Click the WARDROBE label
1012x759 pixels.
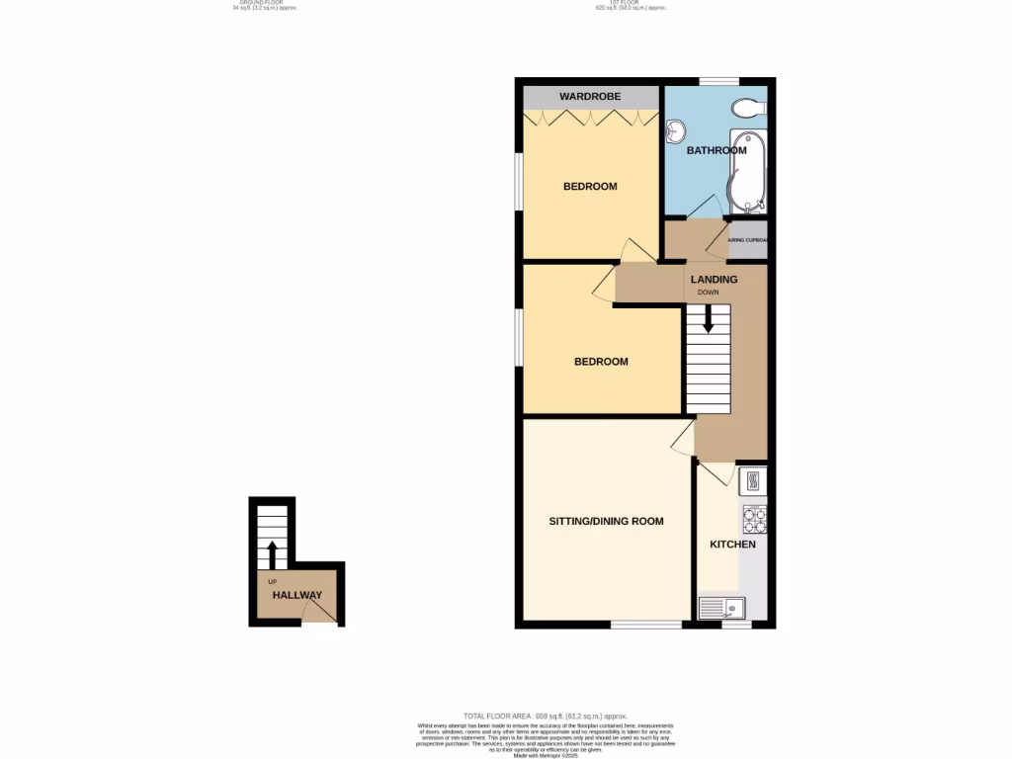pos(590,97)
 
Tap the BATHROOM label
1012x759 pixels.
pos(717,151)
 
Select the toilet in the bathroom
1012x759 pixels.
pos(747,108)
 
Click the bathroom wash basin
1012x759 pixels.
pos(676,130)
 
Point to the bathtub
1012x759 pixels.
pos(745,172)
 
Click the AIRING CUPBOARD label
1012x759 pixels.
pos(747,240)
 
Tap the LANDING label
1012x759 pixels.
pos(714,280)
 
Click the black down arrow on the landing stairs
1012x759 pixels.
pos(708,319)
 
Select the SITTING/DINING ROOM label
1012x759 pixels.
pos(606,521)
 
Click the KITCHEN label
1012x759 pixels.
pos(732,545)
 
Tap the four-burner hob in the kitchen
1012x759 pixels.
pos(755,519)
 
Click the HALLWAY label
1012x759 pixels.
pos(297,595)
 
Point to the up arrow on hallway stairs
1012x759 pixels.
pos(272,555)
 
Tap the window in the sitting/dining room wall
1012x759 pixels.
pos(645,625)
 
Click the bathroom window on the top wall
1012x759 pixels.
pos(719,81)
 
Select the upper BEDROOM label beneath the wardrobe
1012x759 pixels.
pos(590,187)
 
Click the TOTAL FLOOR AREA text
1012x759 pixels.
pos(546,716)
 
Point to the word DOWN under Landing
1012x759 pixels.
pos(708,293)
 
